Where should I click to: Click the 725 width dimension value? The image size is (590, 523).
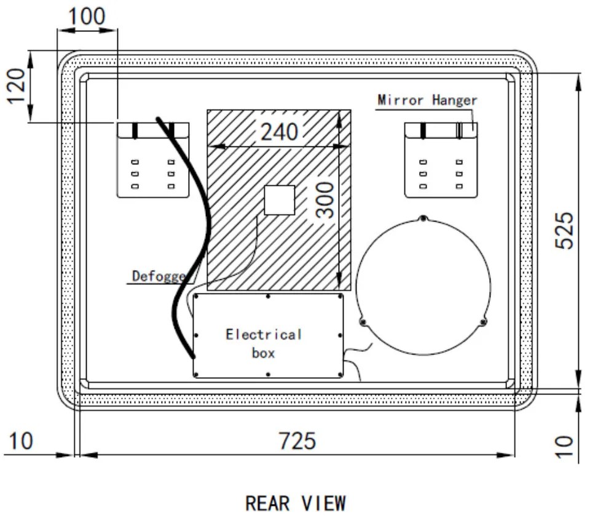(297, 441)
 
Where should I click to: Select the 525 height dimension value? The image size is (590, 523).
(564, 231)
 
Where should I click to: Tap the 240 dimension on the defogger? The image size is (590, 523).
(279, 132)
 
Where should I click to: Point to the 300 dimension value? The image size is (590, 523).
(324, 200)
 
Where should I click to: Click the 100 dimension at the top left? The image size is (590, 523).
(87, 17)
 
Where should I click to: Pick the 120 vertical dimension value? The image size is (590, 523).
(17, 86)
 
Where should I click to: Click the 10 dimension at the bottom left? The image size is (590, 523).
(21, 441)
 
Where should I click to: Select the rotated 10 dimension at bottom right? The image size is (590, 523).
(564, 447)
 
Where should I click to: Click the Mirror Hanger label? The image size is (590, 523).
(428, 100)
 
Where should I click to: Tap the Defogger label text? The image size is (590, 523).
(159, 276)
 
